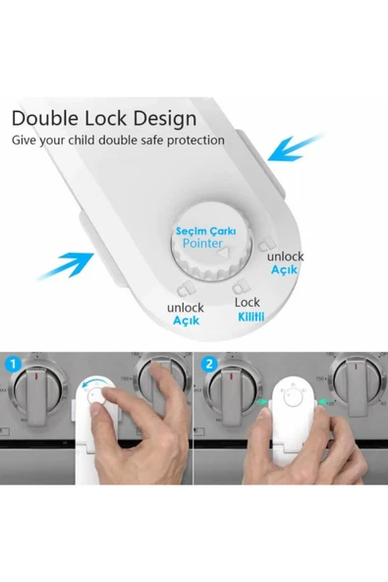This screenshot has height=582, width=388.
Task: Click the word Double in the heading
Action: click(x=45, y=118)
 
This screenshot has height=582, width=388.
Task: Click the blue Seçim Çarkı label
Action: click(x=205, y=231)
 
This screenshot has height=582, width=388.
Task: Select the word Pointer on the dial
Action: click(x=202, y=244)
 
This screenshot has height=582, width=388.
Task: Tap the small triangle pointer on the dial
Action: click(x=224, y=253)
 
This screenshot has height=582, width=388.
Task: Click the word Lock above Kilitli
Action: click(x=248, y=303)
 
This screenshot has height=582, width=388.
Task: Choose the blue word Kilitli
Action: click(x=251, y=317)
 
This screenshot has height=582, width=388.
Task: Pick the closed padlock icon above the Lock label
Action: click(x=241, y=286)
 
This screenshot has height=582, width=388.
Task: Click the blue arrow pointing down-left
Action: click(x=296, y=148)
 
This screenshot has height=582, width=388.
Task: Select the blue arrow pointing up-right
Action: click(x=65, y=265)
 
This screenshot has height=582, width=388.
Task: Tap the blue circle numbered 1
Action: click(x=14, y=364)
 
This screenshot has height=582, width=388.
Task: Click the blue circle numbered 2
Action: click(x=209, y=364)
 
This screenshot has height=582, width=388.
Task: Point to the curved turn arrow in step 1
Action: click(x=93, y=383)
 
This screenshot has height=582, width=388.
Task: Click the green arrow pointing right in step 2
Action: click(x=263, y=401)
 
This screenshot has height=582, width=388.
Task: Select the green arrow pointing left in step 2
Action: click(x=323, y=401)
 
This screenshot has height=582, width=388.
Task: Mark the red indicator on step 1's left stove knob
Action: click(x=36, y=378)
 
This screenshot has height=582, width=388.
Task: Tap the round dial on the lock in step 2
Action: click(x=293, y=398)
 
